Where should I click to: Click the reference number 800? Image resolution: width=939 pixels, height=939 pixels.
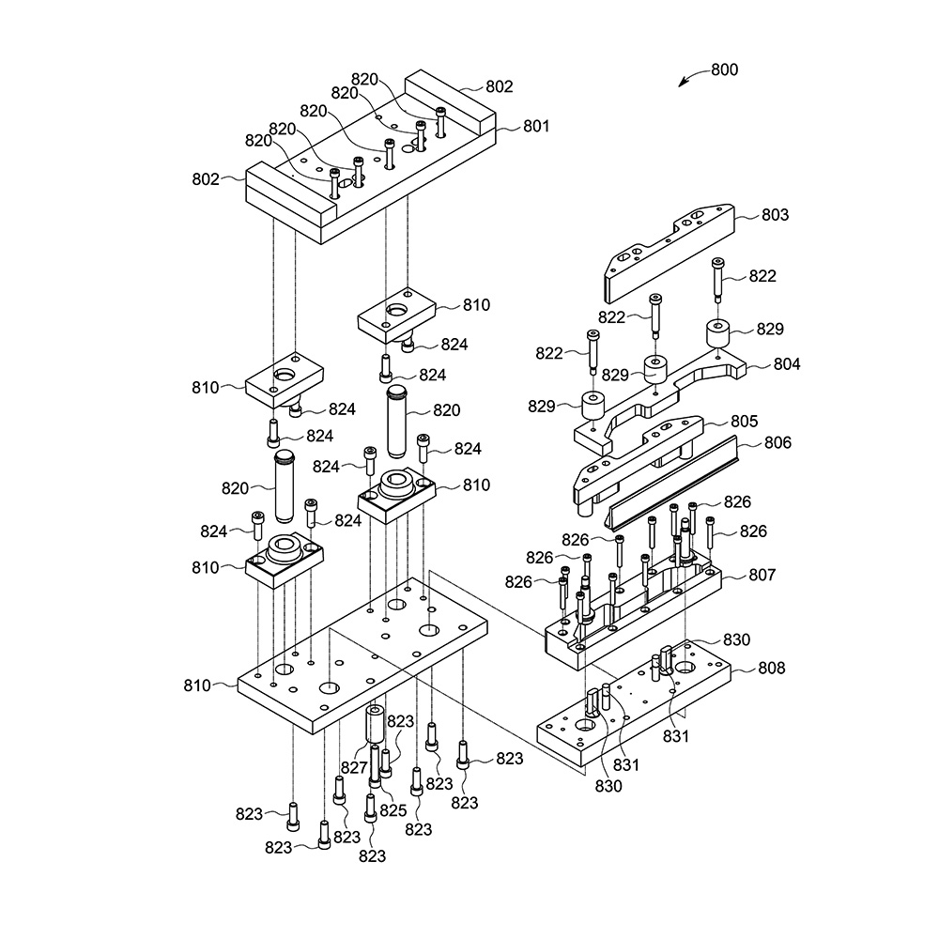coord(725,69)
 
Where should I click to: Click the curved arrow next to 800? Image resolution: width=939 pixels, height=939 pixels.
coord(694,75)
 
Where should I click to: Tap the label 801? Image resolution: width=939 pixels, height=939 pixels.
coord(536,126)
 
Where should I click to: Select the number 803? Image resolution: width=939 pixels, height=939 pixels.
coord(775,214)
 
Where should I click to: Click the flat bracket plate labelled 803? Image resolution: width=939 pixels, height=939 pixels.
coord(669,253)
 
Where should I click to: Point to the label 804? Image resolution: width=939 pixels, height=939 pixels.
coord(786,364)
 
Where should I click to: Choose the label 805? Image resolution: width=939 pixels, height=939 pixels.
coord(745,421)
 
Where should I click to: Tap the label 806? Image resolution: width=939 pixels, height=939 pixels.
coord(777,442)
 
